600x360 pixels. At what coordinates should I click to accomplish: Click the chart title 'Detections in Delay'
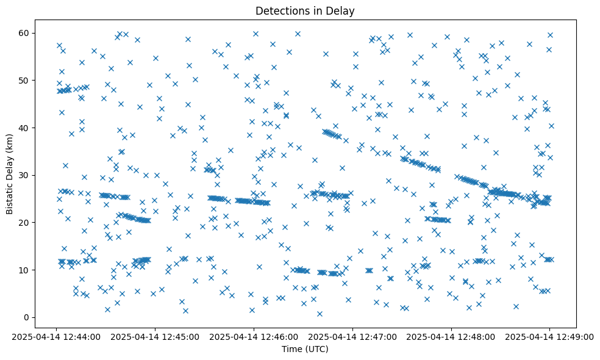[304, 11]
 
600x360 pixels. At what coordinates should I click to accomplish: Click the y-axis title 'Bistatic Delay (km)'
[10, 166]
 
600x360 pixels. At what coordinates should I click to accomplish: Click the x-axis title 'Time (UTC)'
[304, 349]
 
